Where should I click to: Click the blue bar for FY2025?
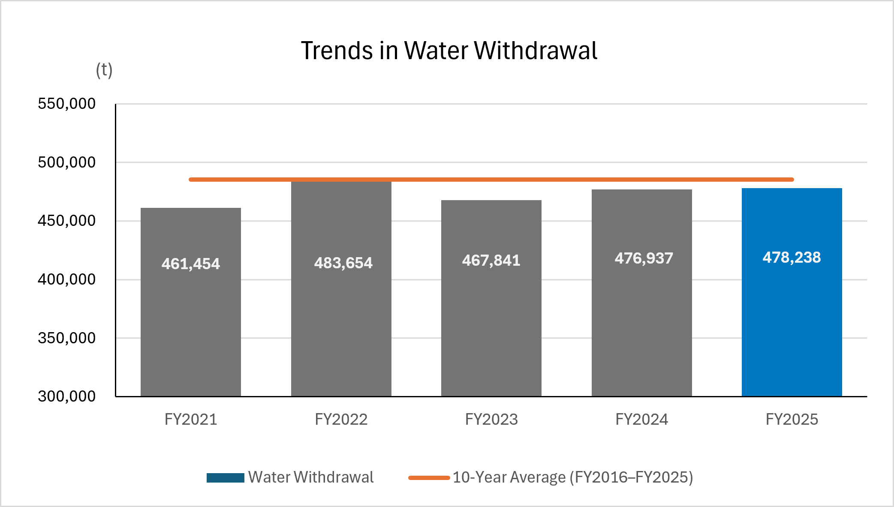[792, 292]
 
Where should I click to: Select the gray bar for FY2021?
[191, 302]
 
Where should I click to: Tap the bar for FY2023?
[491, 298]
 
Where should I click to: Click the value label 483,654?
[343, 263]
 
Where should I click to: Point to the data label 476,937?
[644, 258]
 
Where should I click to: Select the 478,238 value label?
[792, 258]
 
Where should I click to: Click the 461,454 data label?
[191, 264]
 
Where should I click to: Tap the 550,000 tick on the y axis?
[66, 104]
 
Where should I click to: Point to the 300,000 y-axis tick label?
[66, 396]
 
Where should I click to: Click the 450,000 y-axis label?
[66, 221]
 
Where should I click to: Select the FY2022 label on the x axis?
[341, 419]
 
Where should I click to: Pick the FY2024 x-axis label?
[642, 419]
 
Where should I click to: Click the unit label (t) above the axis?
[104, 70]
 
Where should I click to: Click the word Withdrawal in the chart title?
[536, 51]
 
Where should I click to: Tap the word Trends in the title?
[337, 51]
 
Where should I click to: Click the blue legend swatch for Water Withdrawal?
[226, 478]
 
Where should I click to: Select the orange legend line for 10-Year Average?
[429, 478]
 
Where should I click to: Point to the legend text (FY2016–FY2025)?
[631, 477]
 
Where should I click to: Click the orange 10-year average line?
[491, 180]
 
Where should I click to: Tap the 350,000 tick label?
[66, 338]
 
